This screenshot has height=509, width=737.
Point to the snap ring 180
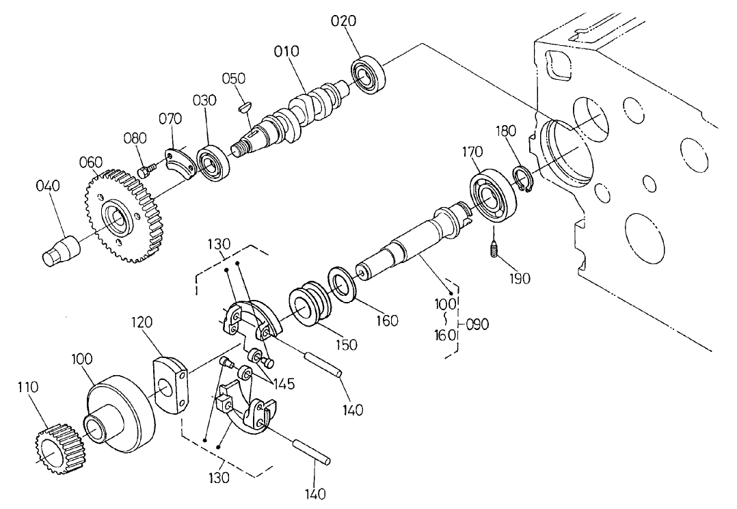point(524,180)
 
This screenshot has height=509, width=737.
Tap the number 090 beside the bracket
point(477,324)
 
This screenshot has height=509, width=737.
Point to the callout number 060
point(90,162)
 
